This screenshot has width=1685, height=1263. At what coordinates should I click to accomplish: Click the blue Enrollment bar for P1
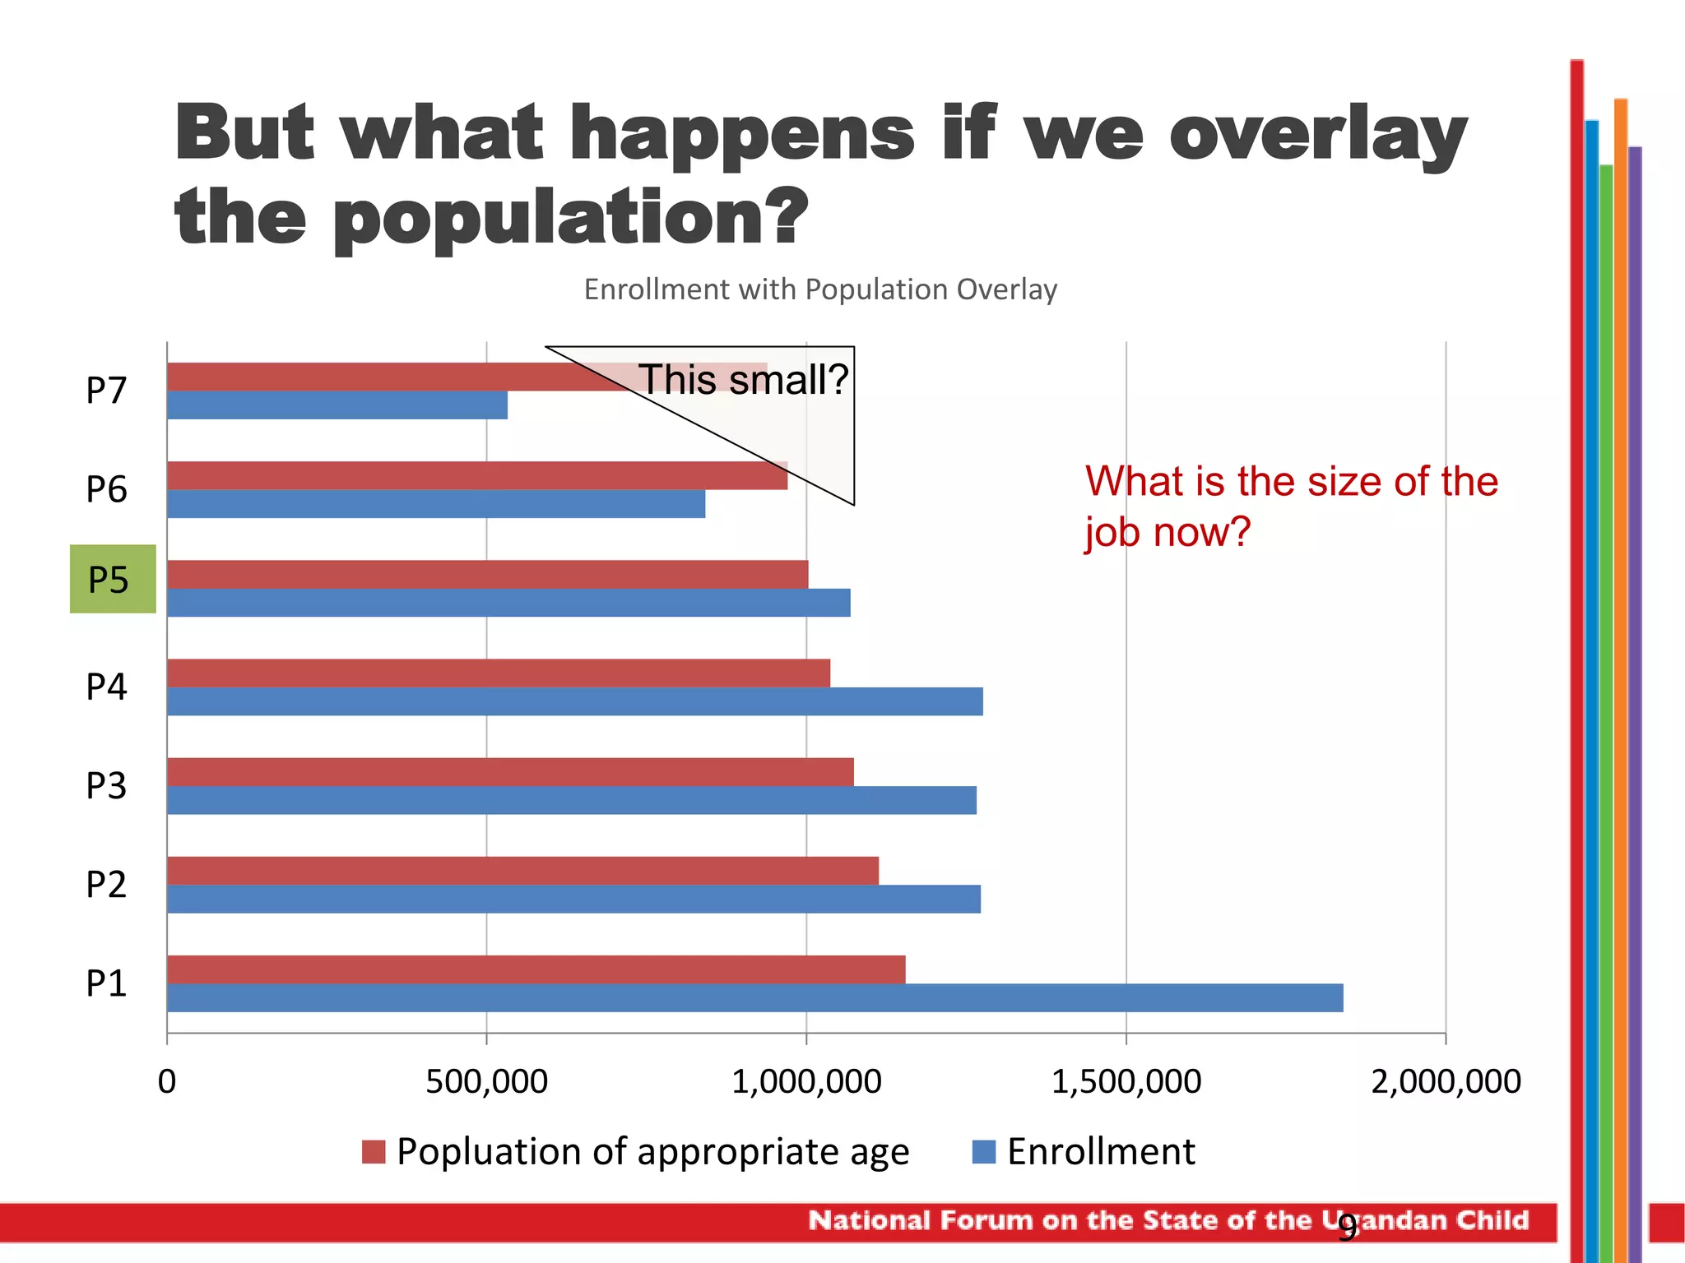point(754,997)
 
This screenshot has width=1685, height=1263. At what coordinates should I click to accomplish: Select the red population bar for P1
point(536,969)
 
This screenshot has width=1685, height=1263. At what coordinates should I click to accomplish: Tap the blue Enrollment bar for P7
point(337,405)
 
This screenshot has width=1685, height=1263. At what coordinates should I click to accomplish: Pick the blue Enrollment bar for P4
point(574,701)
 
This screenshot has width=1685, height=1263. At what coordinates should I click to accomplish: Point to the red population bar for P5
point(487,574)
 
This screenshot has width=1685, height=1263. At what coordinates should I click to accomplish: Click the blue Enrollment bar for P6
point(435,504)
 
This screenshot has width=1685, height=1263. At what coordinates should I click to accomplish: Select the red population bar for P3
point(510,771)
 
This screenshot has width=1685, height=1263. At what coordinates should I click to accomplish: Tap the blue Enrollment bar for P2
point(573,899)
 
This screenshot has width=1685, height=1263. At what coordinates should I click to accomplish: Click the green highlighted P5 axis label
point(112,579)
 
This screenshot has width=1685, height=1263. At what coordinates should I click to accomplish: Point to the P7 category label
point(106,390)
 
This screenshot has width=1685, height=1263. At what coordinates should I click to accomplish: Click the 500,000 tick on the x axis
point(486,1081)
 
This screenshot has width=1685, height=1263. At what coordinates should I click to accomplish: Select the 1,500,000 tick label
point(1126,1081)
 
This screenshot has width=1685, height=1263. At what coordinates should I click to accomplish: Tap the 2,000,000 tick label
point(1446,1081)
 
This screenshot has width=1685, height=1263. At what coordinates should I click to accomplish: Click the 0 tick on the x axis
point(167,1081)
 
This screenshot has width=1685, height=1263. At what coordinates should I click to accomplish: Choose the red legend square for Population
point(374,1151)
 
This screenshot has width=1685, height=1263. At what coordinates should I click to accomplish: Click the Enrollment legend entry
point(1100,1151)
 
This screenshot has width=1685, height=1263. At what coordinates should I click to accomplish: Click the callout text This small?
point(743,379)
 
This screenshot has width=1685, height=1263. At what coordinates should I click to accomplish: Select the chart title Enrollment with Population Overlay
point(820,289)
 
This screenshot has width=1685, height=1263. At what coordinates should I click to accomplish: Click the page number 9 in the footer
point(1347,1227)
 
